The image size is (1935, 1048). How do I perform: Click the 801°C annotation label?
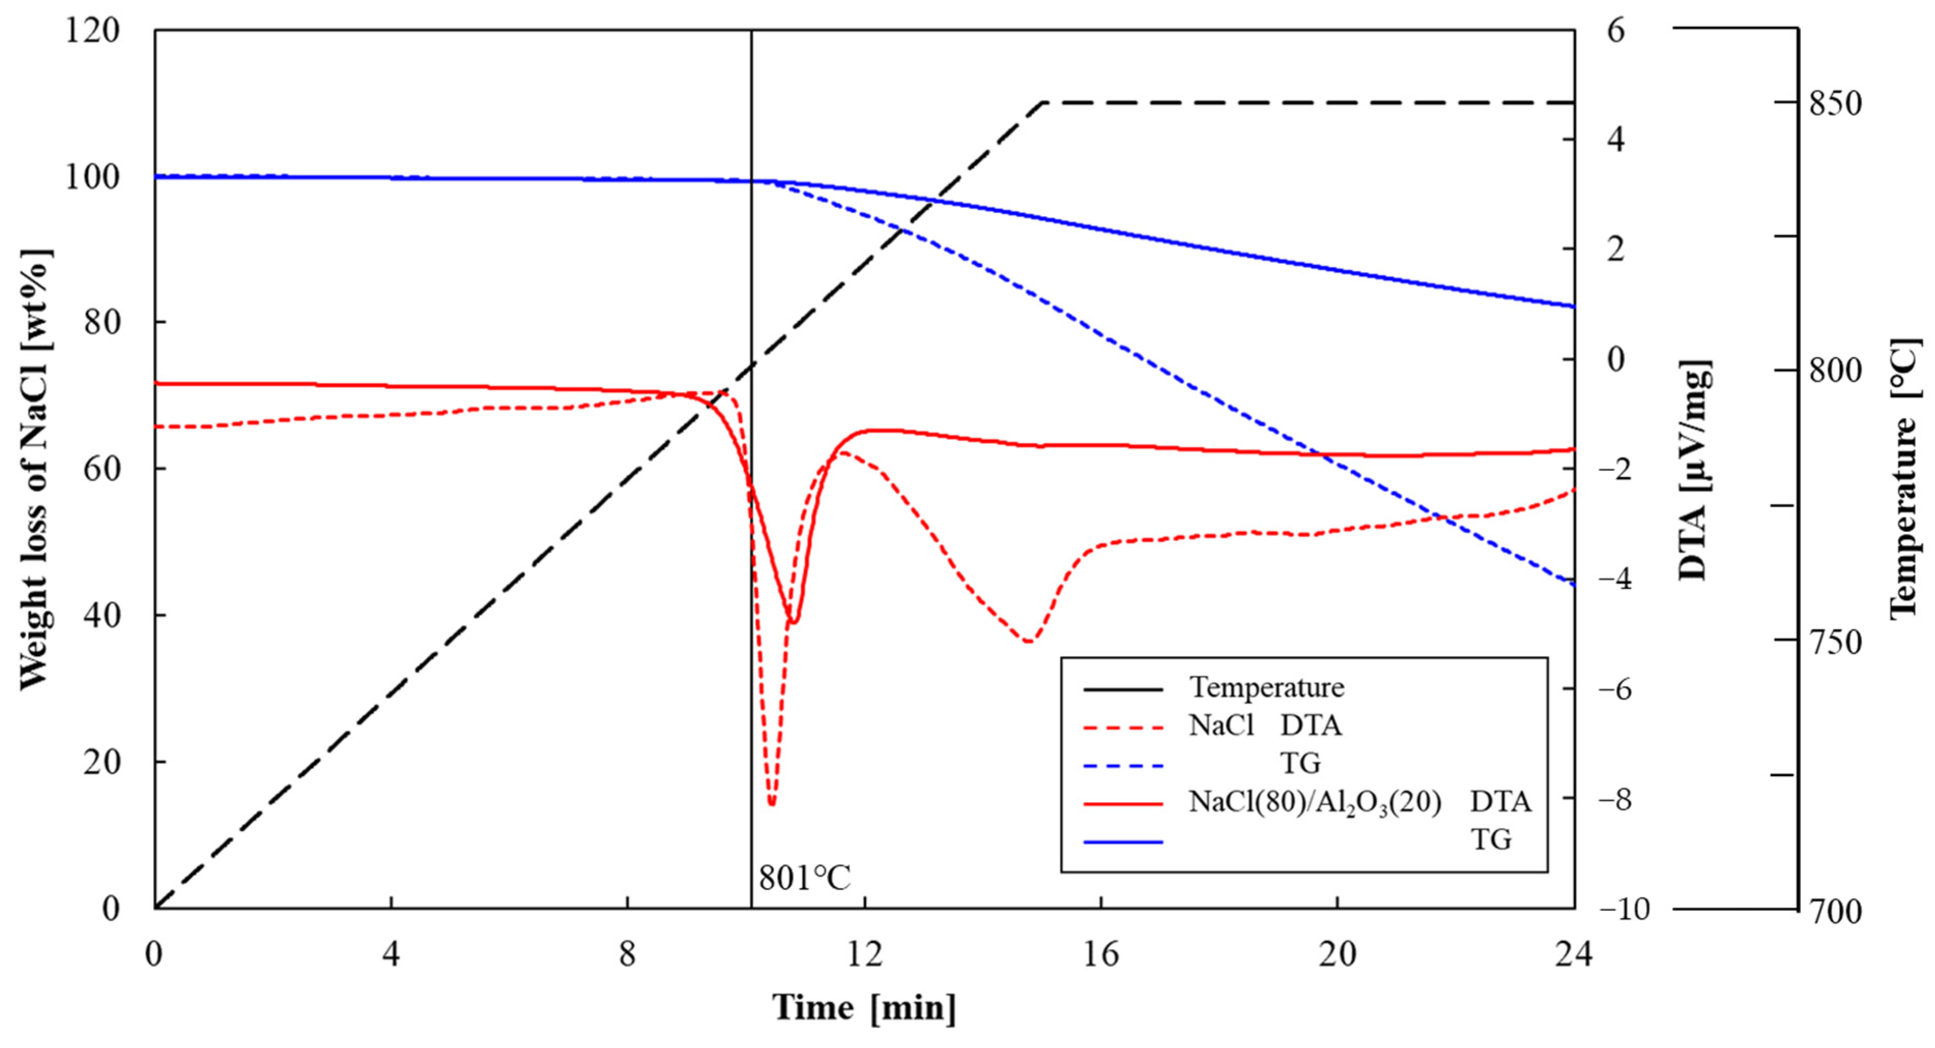(804, 878)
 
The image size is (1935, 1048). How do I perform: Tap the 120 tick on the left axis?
(92, 32)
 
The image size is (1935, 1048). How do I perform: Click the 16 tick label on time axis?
(1101, 954)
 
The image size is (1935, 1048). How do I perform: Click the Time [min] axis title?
(864, 1008)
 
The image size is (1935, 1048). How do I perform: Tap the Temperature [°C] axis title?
(1905, 480)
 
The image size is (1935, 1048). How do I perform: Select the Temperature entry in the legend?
(1266, 688)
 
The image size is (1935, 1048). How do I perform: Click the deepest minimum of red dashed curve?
(771, 803)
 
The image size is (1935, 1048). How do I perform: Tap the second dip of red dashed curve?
(1028, 642)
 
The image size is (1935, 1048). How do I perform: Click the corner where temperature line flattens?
(1043, 102)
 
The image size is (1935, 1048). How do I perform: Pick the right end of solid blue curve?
(1573, 306)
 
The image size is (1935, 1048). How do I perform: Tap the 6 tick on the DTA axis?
(1615, 32)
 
